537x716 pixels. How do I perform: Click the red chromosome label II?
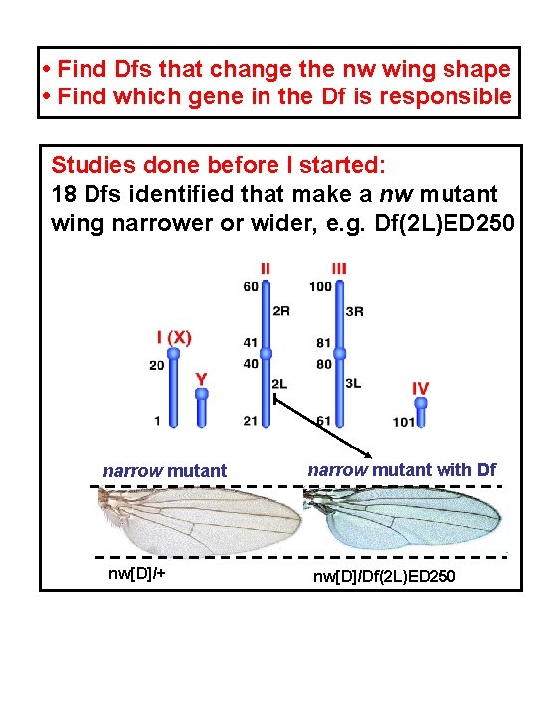point(265,268)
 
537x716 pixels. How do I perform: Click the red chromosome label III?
point(340,268)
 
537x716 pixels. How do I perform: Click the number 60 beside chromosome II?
point(250,287)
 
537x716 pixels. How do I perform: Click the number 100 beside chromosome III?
point(320,287)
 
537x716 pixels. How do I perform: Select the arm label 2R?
point(281,310)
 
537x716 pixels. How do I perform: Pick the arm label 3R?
point(355,310)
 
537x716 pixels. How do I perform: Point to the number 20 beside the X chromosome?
point(157,365)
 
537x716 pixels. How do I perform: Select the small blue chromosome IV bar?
point(421,411)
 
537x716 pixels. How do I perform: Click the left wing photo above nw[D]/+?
point(199,520)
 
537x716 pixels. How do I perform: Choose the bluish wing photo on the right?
point(403,520)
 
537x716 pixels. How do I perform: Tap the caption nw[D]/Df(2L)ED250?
point(385,576)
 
